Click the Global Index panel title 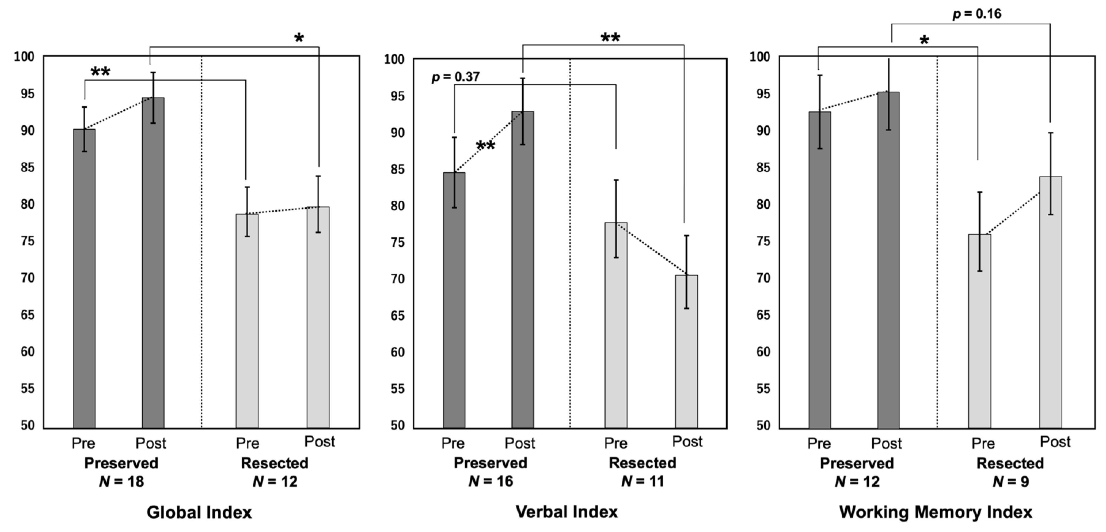[x=199, y=512]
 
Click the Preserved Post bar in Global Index [x=153, y=262]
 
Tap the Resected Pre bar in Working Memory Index [x=979, y=331]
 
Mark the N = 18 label [x=121, y=482]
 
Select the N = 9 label [x=1010, y=482]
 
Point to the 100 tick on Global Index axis [x=24, y=57]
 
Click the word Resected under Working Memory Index [x=1010, y=463]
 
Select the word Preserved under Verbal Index [x=490, y=463]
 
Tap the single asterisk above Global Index [x=299, y=39]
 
